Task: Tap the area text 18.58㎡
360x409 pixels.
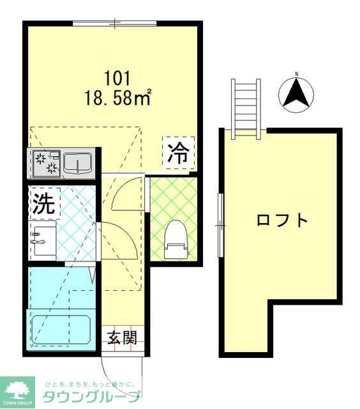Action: (x=117, y=97)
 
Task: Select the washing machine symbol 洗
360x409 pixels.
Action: (x=43, y=203)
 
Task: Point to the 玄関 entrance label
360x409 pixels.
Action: (x=121, y=337)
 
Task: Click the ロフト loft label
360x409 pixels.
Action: (x=282, y=220)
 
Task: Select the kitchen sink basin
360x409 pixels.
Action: (x=77, y=164)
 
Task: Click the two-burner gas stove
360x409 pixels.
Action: (x=45, y=164)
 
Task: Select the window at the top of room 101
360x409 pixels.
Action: (x=114, y=24)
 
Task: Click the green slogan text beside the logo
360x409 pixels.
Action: (x=89, y=384)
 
